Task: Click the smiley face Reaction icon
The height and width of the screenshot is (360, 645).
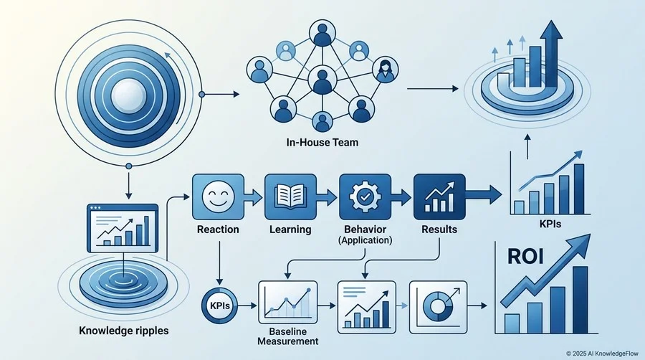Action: click(218, 196)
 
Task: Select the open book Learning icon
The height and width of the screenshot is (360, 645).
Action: click(290, 196)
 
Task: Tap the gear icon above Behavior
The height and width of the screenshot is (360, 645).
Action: click(365, 196)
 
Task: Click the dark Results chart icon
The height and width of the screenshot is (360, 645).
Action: click(439, 196)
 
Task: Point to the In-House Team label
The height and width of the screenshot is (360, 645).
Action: click(322, 143)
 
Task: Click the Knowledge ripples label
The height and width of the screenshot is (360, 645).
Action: click(124, 331)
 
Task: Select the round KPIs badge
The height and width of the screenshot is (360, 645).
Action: click(220, 305)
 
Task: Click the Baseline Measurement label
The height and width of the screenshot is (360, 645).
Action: click(288, 336)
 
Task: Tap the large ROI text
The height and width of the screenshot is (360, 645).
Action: click(526, 256)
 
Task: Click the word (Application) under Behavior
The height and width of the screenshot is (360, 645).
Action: click(365, 240)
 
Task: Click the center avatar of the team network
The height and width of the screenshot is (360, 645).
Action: click(322, 80)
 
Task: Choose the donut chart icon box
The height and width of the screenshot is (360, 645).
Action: click(439, 307)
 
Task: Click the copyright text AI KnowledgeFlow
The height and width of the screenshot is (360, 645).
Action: click(603, 353)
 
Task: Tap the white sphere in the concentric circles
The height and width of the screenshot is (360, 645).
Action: click(129, 95)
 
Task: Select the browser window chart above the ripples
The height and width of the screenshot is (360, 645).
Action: click(123, 228)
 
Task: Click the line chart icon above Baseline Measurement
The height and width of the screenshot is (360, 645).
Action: click(288, 303)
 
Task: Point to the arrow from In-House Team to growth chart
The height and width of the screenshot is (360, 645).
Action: click(433, 88)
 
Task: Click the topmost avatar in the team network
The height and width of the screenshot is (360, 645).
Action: click(322, 33)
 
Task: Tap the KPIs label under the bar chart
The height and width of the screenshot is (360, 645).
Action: click(550, 224)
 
